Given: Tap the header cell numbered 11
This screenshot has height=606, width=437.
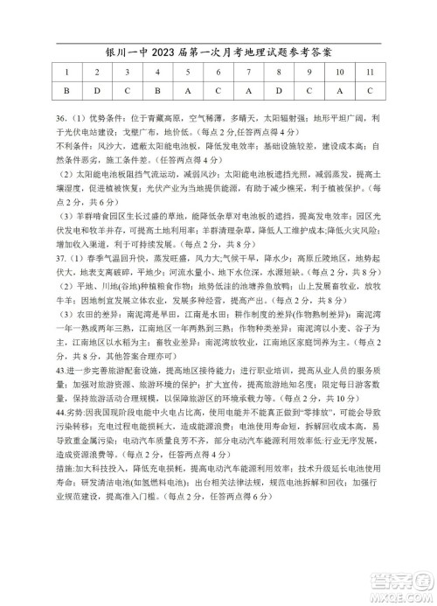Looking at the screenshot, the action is (371, 73).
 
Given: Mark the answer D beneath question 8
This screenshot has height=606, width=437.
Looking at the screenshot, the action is (277, 90).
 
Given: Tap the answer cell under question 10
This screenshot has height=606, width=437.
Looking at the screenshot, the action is (339, 90).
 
